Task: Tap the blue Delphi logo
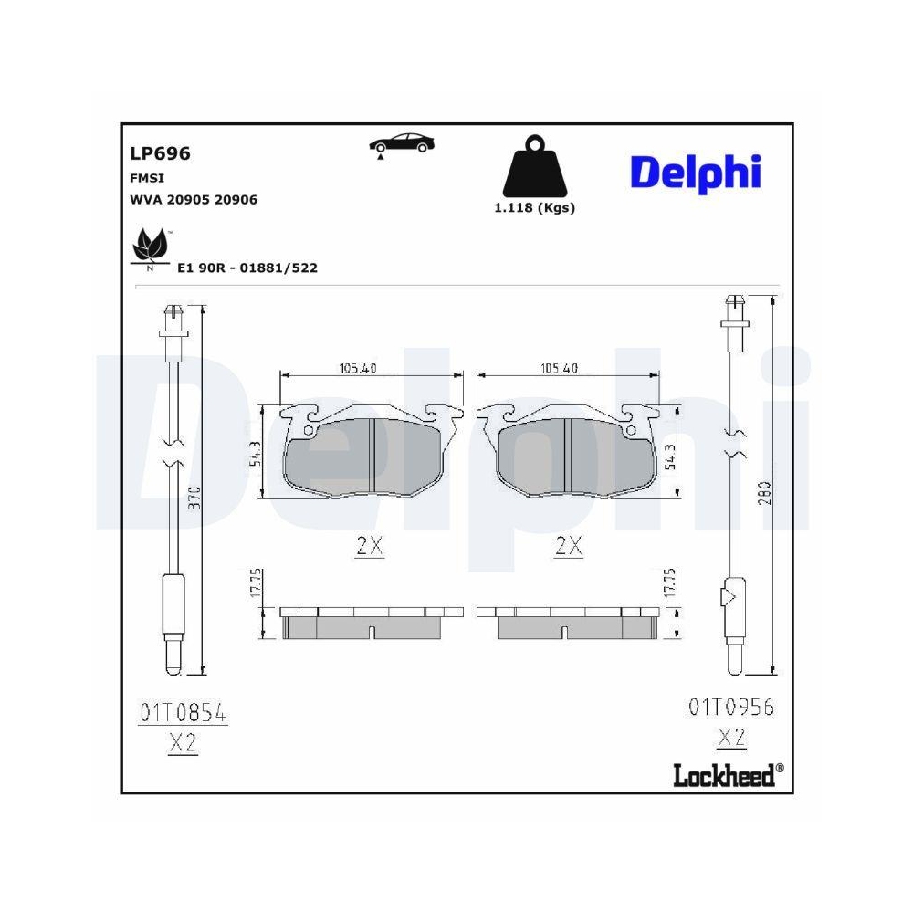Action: coord(695,172)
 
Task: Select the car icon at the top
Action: coord(402,143)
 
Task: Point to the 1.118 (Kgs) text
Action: coord(534,207)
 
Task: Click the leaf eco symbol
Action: coord(149,247)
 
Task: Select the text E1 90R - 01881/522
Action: coord(247,268)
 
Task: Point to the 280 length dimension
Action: coord(764,493)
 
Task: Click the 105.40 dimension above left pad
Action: coord(358,369)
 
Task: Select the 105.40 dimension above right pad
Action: coord(559,369)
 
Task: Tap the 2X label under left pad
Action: coord(369,547)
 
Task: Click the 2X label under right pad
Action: coord(568,547)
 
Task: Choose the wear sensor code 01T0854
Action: coord(183,712)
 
